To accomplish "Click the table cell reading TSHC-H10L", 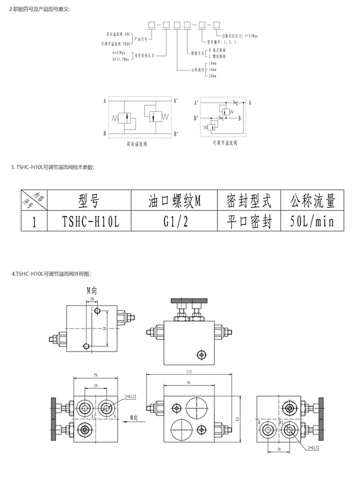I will click(90, 222).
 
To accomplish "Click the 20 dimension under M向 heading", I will click(92, 298).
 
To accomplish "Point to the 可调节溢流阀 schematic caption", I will click(223, 143).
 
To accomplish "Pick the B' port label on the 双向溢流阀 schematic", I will click(177, 133).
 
